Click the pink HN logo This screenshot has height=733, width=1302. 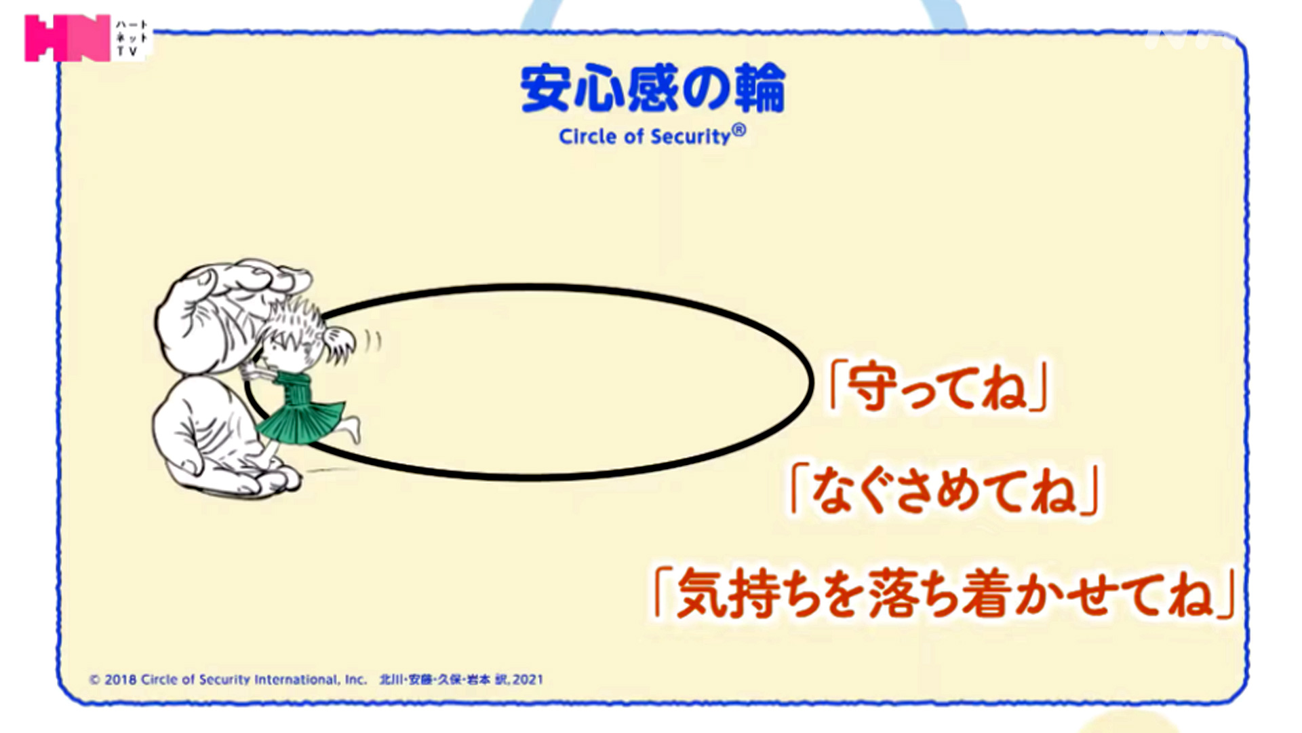[x=67, y=38]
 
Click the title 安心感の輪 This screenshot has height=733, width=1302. [x=652, y=88]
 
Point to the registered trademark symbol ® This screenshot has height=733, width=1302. [x=739, y=130]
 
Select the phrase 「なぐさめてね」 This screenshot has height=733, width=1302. [x=945, y=489]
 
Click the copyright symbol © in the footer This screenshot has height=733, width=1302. [x=95, y=679]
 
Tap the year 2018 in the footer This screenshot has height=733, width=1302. [x=121, y=679]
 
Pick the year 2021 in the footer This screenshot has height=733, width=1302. [x=528, y=679]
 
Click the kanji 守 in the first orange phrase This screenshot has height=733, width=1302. [x=870, y=387]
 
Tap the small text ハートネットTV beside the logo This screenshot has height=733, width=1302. [x=131, y=38]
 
